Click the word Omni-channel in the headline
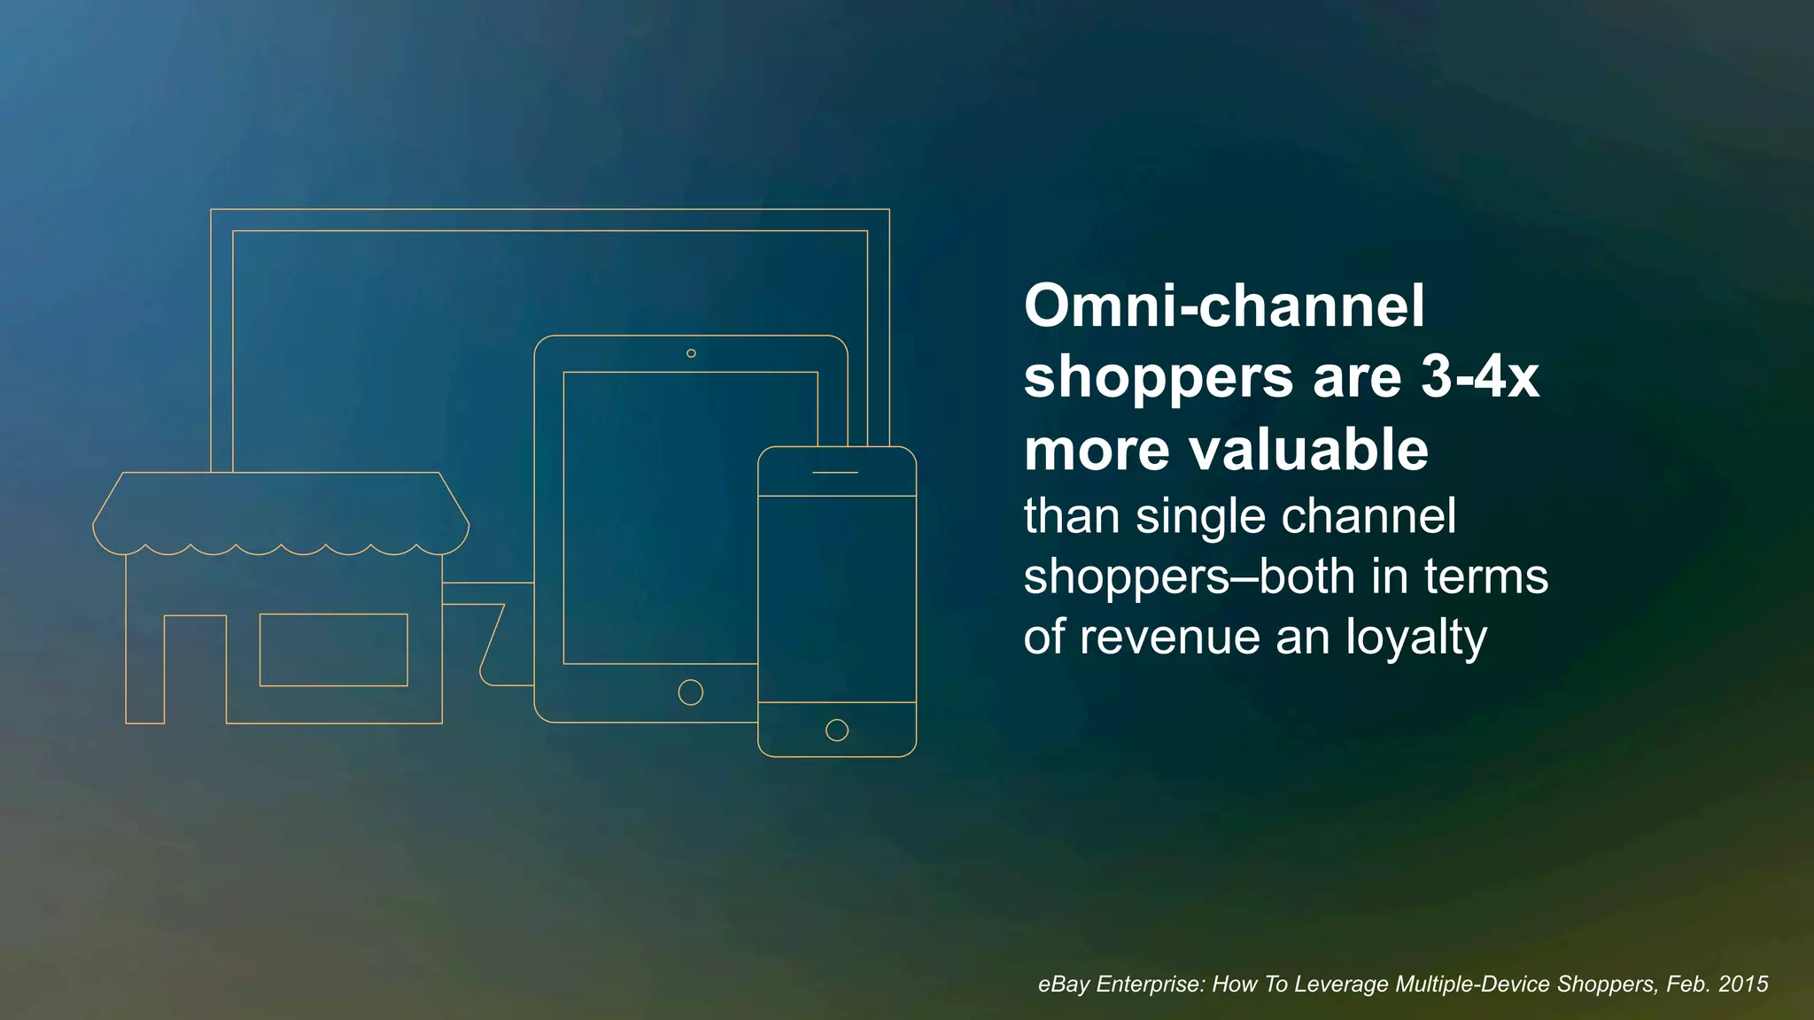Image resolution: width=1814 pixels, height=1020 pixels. click(x=1224, y=306)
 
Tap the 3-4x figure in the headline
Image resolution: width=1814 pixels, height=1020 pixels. click(x=1480, y=378)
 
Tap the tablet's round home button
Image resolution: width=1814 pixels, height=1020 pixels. click(x=691, y=692)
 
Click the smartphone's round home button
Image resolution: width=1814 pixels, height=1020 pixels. click(x=837, y=730)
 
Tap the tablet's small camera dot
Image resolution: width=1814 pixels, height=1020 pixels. click(x=691, y=353)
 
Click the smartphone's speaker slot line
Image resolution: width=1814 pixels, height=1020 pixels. click(x=835, y=472)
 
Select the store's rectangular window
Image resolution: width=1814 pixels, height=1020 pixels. click(x=333, y=650)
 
